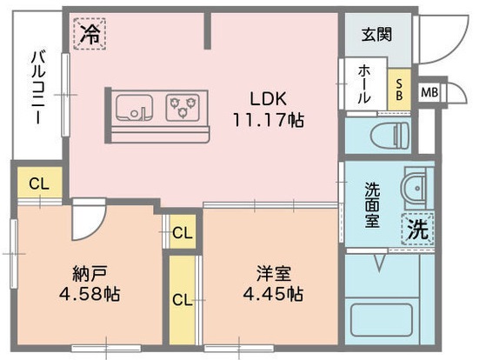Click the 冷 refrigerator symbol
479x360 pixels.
[90, 35]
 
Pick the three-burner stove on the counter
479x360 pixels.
[183, 107]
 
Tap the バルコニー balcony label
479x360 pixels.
[37, 86]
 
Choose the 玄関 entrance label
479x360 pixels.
[376, 36]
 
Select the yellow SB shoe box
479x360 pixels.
[398, 89]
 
